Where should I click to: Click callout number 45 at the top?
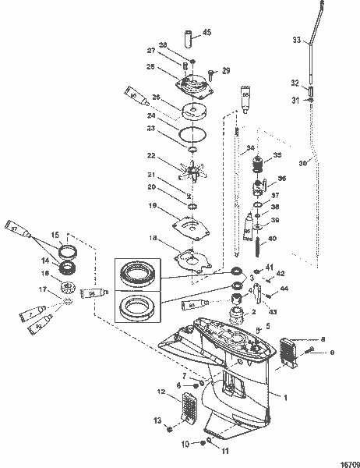pyautogui.click(x=206, y=33)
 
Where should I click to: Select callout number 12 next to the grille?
pyautogui.click(x=161, y=392)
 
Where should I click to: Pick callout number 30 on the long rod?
pyautogui.click(x=305, y=163)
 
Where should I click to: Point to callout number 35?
pyautogui.click(x=277, y=156)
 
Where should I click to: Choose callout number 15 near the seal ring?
pyautogui.click(x=55, y=235)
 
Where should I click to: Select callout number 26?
pyautogui.click(x=156, y=97)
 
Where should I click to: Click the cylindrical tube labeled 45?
pyautogui.click(x=189, y=37)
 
